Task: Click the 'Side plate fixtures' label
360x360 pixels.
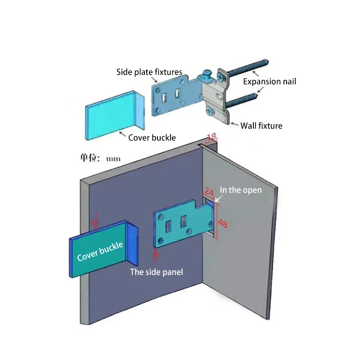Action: (x=149, y=72)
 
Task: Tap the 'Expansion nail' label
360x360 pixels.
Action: (x=270, y=81)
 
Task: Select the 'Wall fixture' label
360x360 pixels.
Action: (x=261, y=126)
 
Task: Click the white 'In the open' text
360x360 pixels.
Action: (x=240, y=190)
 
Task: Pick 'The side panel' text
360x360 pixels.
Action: (x=156, y=272)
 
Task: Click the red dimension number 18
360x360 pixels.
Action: (x=211, y=136)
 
